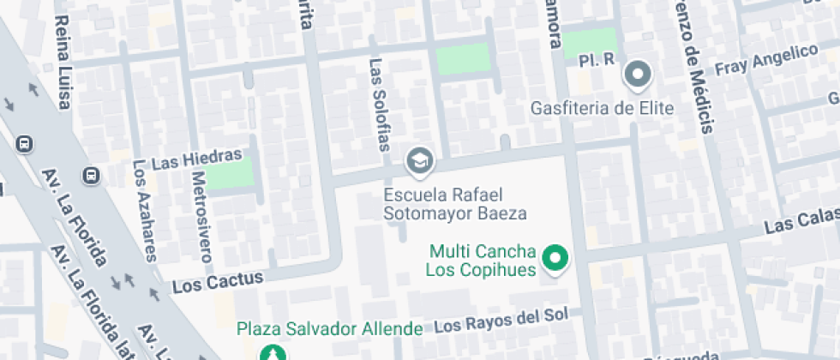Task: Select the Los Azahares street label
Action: [x=144, y=210]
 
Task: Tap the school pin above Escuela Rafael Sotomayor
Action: [x=419, y=160]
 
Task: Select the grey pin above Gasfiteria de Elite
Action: [x=638, y=75]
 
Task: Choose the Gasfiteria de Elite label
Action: [x=603, y=108]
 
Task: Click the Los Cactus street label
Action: [x=218, y=282]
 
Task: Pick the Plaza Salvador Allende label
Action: [x=330, y=328]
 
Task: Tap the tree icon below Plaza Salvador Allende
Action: [x=272, y=353]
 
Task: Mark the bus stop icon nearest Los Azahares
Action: [x=90, y=176]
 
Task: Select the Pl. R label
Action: [x=597, y=60]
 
